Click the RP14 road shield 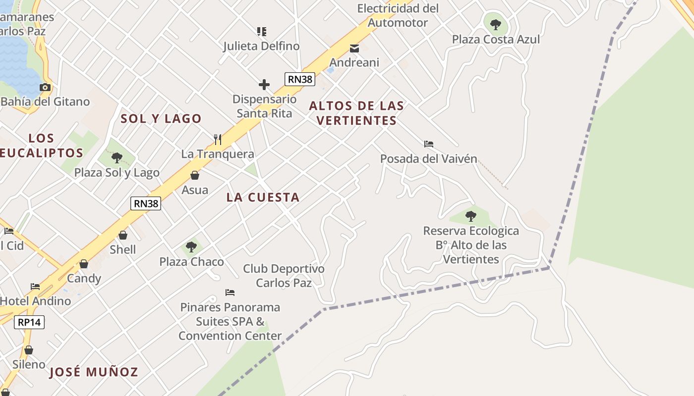29,322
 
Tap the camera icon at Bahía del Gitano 45,88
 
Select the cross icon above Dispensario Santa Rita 264,85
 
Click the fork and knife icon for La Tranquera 217,139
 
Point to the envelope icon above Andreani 354,48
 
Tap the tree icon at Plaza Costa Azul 495,24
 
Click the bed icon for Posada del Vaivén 429,144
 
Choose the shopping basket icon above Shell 123,235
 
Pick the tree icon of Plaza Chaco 191,247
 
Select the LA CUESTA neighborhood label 263,198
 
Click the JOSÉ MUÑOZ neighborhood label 94,372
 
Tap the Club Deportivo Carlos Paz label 284,276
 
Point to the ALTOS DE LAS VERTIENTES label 356,113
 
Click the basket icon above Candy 84,264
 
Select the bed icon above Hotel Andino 35,287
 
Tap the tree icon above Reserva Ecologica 471,216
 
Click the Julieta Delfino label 261,46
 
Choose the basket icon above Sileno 29,350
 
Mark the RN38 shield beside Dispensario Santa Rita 299,79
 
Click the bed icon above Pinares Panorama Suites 230,293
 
